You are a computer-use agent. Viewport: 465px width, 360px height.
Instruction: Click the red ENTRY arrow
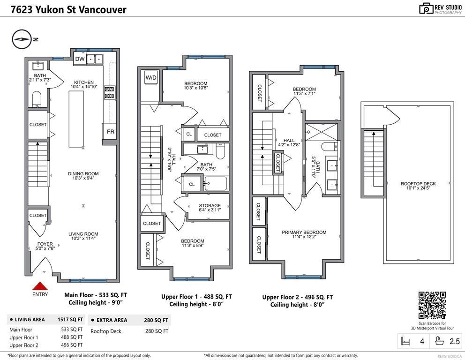[x=40, y=286]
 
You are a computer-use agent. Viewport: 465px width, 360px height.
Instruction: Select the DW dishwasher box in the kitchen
[x=80, y=59]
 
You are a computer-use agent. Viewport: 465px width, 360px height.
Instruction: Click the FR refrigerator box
[x=110, y=132]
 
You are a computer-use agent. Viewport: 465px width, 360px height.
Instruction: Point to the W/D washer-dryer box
[x=150, y=78]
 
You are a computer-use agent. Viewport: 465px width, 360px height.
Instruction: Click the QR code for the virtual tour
[x=432, y=305]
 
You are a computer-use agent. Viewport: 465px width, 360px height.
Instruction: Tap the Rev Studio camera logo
[x=426, y=8]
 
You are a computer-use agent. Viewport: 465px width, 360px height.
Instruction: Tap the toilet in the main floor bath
[x=37, y=98]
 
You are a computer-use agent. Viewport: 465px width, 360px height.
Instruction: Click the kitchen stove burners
[x=110, y=92]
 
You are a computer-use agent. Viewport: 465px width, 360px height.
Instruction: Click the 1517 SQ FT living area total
[x=70, y=320]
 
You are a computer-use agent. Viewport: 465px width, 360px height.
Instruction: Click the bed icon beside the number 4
[x=406, y=341]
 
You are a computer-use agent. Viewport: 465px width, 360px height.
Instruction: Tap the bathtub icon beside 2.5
[x=440, y=341]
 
